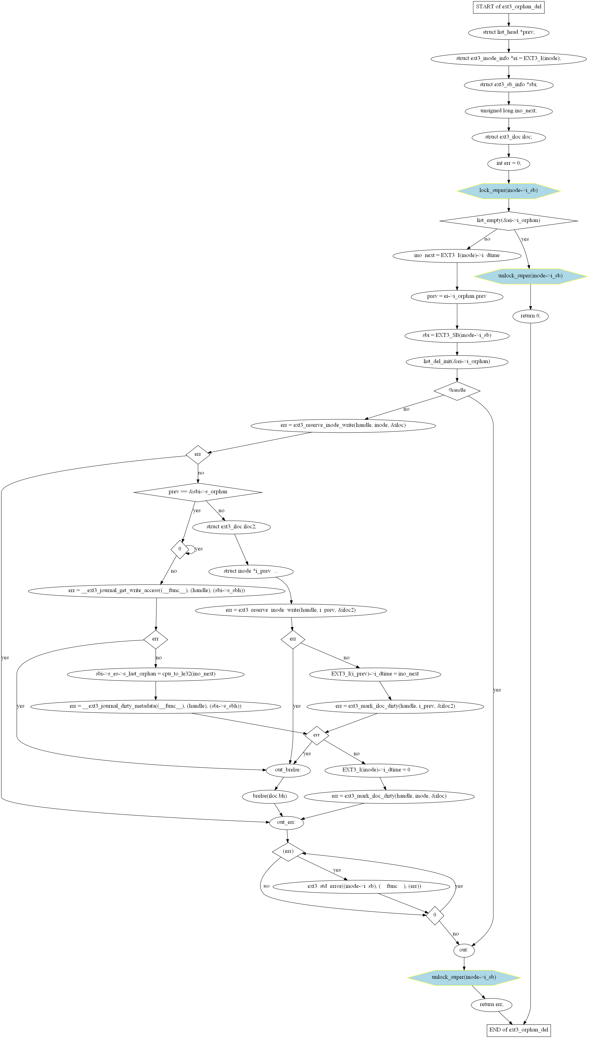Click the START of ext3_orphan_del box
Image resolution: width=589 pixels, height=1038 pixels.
click(508, 7)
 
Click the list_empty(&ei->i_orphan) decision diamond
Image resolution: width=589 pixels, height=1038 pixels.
click(508, 221)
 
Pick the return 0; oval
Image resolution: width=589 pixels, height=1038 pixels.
click(530, 316)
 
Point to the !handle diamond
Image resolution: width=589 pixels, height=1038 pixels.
click(457, 391)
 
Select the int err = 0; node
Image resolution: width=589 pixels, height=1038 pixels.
click(508, 163)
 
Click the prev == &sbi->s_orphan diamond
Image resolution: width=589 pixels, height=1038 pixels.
click(198, 492)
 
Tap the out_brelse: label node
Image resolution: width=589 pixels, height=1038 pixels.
click(288, 770)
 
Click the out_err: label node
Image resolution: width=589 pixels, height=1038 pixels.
click(286, 822)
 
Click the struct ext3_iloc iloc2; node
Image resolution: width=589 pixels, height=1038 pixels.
click(231, 527)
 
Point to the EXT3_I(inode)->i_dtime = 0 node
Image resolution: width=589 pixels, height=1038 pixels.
click(376, 770)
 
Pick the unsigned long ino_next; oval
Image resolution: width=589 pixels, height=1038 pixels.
click(508, 111)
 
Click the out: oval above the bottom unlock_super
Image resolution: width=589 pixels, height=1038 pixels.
click(464, 950)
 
